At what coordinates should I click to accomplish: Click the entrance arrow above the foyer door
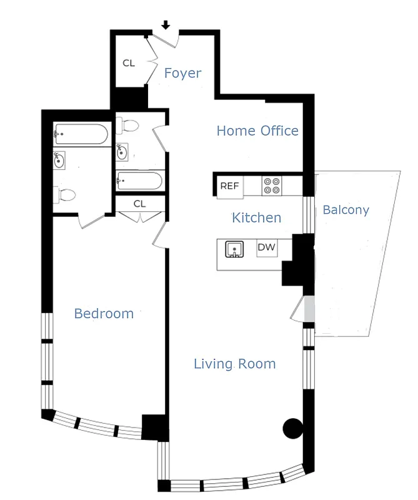click(x=166, y=25)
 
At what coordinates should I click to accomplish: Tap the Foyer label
click(x=182, y=73)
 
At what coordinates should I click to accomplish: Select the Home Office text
click(x=257, y=131)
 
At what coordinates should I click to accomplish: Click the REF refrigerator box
click(x=229, y=186)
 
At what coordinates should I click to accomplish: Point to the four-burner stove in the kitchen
click(x=272, y=186)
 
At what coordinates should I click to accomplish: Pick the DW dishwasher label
click(x=267, y=247)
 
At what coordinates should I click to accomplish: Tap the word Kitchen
click(x=256, y=217)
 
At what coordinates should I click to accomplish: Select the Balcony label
click(x=346, y=210)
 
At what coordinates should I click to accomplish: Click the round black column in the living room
click(x=292, y=428)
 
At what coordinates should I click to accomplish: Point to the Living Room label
click(x=234, y=364)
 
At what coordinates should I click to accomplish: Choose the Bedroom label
click(x=104, y=313)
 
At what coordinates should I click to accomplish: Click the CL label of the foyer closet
click(x=129, y=63)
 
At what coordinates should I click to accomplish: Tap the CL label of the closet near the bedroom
click(x=139, y=204)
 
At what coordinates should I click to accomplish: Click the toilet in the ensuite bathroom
click(x=65, y=194)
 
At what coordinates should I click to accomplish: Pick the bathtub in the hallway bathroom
click(x=140, y=181)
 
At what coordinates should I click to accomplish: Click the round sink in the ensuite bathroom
click(x=60, y=161)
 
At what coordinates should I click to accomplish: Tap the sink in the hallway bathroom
click(x=122, y=151)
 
